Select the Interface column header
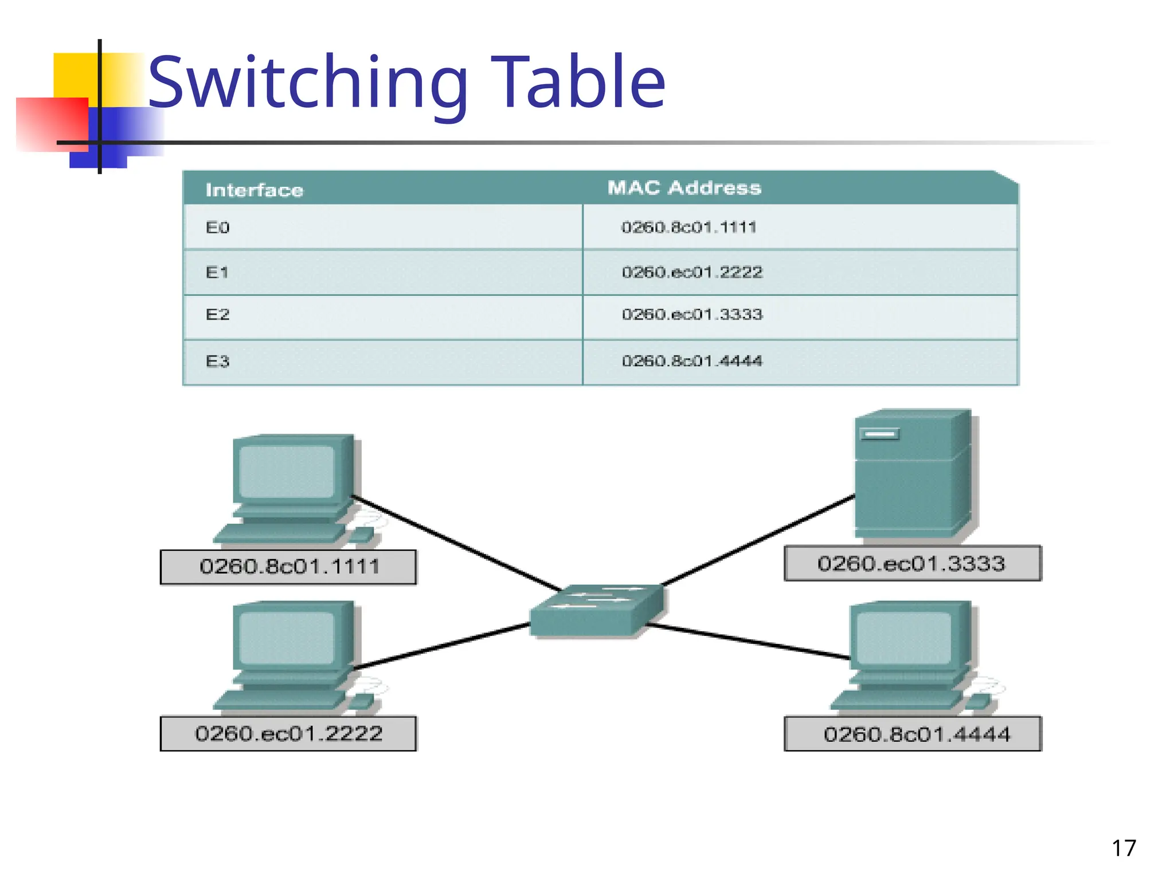click(x=254, y=190)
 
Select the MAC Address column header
click(x=684, y=188)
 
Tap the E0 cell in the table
click(x=218, y=228)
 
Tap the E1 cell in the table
click(x=217, y=273)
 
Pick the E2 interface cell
click(x=218, y=315)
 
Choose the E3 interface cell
click(x=218, y=362)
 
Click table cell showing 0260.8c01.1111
click(x=689, y=227)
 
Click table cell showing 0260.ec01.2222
click(x=692, y=272)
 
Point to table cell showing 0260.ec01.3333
click(x=692, y=315)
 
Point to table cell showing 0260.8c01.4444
click(x=692, y=361)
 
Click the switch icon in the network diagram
click(x=596, y=611)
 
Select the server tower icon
click(x=911, y=473)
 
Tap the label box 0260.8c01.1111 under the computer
click(x=288, y=567)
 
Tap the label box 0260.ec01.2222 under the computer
click(x=288, y=734)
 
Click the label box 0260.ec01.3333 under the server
click(x=912, y=564)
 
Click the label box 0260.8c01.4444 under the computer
click(x=913, y=734)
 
